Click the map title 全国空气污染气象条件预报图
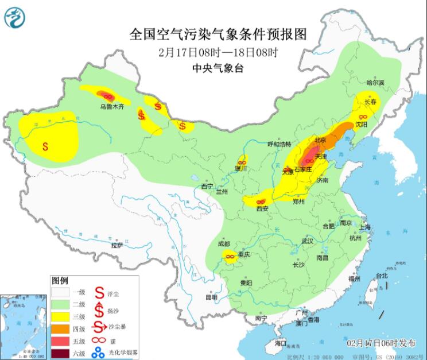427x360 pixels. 218,34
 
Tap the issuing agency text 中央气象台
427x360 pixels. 218,68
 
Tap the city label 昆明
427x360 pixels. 211,297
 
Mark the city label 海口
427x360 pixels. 280,343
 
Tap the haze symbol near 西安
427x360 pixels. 260,202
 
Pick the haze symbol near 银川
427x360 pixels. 243,161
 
